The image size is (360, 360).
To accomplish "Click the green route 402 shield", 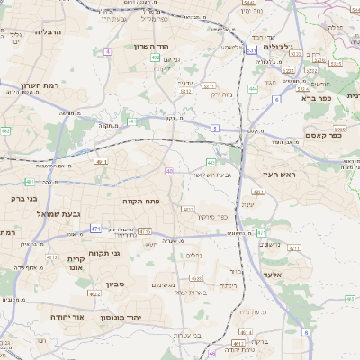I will (156, 58).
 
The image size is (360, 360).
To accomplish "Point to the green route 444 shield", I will (253, 89).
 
